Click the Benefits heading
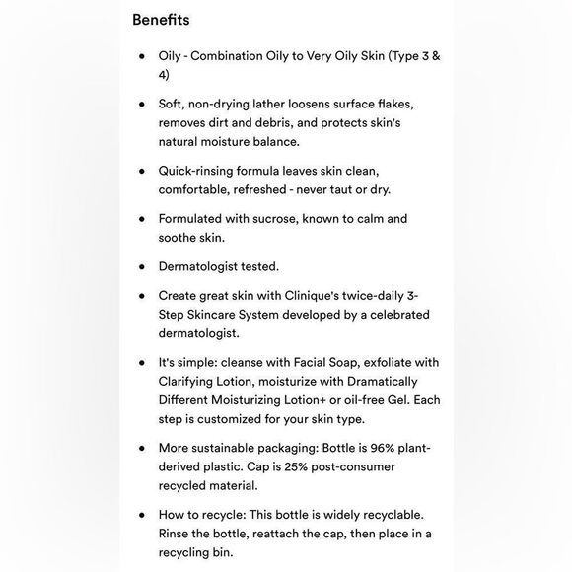pyautogui.click(x=161, y=20)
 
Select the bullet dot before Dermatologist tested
pyautogui.click(x=142, y=266)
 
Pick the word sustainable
pyautogui.click(x=236, y=448)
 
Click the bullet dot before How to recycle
pyautogui.click(x=142, y=515)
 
